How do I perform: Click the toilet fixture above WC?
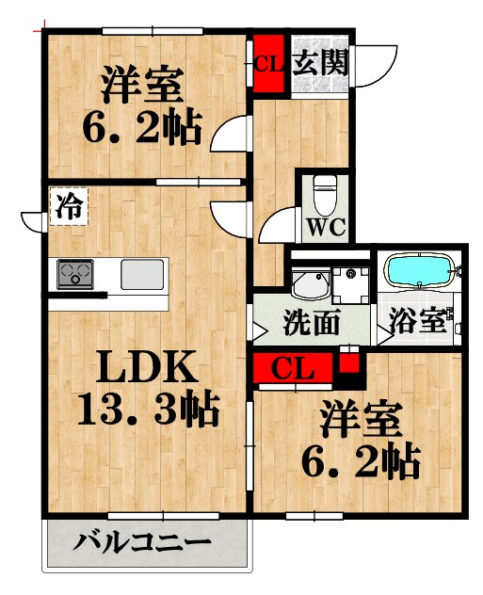coord(325,194)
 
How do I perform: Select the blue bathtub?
coord(420,272)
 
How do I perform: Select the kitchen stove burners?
coord(76,274)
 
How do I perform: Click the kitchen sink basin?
coord(142,274)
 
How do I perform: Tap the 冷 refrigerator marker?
coord(67,206)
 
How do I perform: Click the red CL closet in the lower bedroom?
coord(292,369)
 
